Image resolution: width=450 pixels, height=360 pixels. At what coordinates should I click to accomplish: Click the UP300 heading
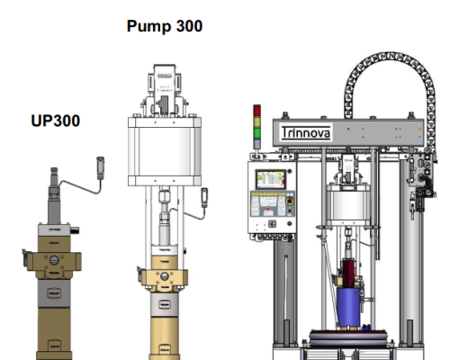(x=56, y=121)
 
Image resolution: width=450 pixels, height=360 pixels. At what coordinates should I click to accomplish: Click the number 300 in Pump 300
(x=189, y=26)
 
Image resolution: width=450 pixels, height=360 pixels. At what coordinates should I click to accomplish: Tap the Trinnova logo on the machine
(x=306, y=132)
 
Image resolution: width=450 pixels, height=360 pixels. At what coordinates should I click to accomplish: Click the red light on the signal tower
(x=256, y=111)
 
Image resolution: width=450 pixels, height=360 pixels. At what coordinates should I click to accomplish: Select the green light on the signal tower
(x=256, y=133)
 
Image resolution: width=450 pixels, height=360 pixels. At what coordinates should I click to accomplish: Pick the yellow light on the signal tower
(x=256, y=122)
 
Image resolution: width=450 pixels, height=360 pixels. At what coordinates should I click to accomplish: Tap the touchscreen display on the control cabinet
(x=270, y=179)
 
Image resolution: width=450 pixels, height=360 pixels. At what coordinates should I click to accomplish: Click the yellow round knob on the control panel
(x=290, y=201)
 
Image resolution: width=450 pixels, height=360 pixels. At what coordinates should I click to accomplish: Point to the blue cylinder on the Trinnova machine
(x=348, y=308)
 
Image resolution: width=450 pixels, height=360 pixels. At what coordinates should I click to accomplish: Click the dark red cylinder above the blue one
(x=351, y=274)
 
